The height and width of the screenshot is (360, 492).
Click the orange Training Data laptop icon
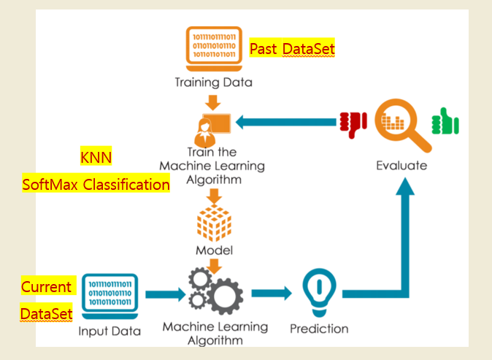pyautogui.click(x=214, y=49)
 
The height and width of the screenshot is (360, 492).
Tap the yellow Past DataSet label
pyautogui.click(x=292, y=47)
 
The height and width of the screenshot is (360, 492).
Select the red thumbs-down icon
pyautogui.click(x=353, y=124)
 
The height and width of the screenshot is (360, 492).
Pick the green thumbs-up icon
pyautogui.click(x=445, y=121)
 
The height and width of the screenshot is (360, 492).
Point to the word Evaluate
pyautogui.click(x=401, y=166)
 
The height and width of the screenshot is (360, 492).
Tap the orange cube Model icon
pyautogui.click(x=214, y=223)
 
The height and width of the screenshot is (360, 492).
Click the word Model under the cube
pyautogui.click(x=215, y=250)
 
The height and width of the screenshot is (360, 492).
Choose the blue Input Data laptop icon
pyautogui.click(x=109, y=296)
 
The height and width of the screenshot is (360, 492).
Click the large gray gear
pyautogui.click(x=225, y=296)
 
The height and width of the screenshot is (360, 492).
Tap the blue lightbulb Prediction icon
pyautogui.click(x=320, y=293)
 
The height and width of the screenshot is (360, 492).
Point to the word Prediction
pyautogui.click(x=319, y=329)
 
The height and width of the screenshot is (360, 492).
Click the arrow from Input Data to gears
pyautogui.click(x=166, y=294)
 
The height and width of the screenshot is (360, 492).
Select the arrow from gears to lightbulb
pyautogui.click(x=272, y=294)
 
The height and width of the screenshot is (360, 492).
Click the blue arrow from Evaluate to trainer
pyautogui.click(x=286, y=122)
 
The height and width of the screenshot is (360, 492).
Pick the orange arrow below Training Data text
pyautogui.click(x=213, y=103)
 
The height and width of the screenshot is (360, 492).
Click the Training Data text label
pyautogui.click(x=214, y=83)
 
